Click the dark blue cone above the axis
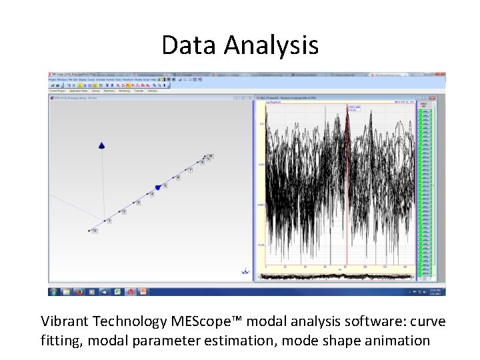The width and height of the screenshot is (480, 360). [101, 145]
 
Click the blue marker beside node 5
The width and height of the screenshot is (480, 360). [158, 187]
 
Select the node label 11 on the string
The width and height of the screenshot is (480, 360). [95, 231]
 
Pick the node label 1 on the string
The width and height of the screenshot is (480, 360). [109, 221]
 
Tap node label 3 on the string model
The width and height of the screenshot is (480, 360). [138, 203]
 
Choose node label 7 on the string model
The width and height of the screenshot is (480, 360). [190, 170]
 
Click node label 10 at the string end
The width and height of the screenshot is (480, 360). [210, 156]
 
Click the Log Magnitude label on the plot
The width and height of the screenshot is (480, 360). [275, 103]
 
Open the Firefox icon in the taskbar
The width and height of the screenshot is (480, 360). [79, 291]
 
